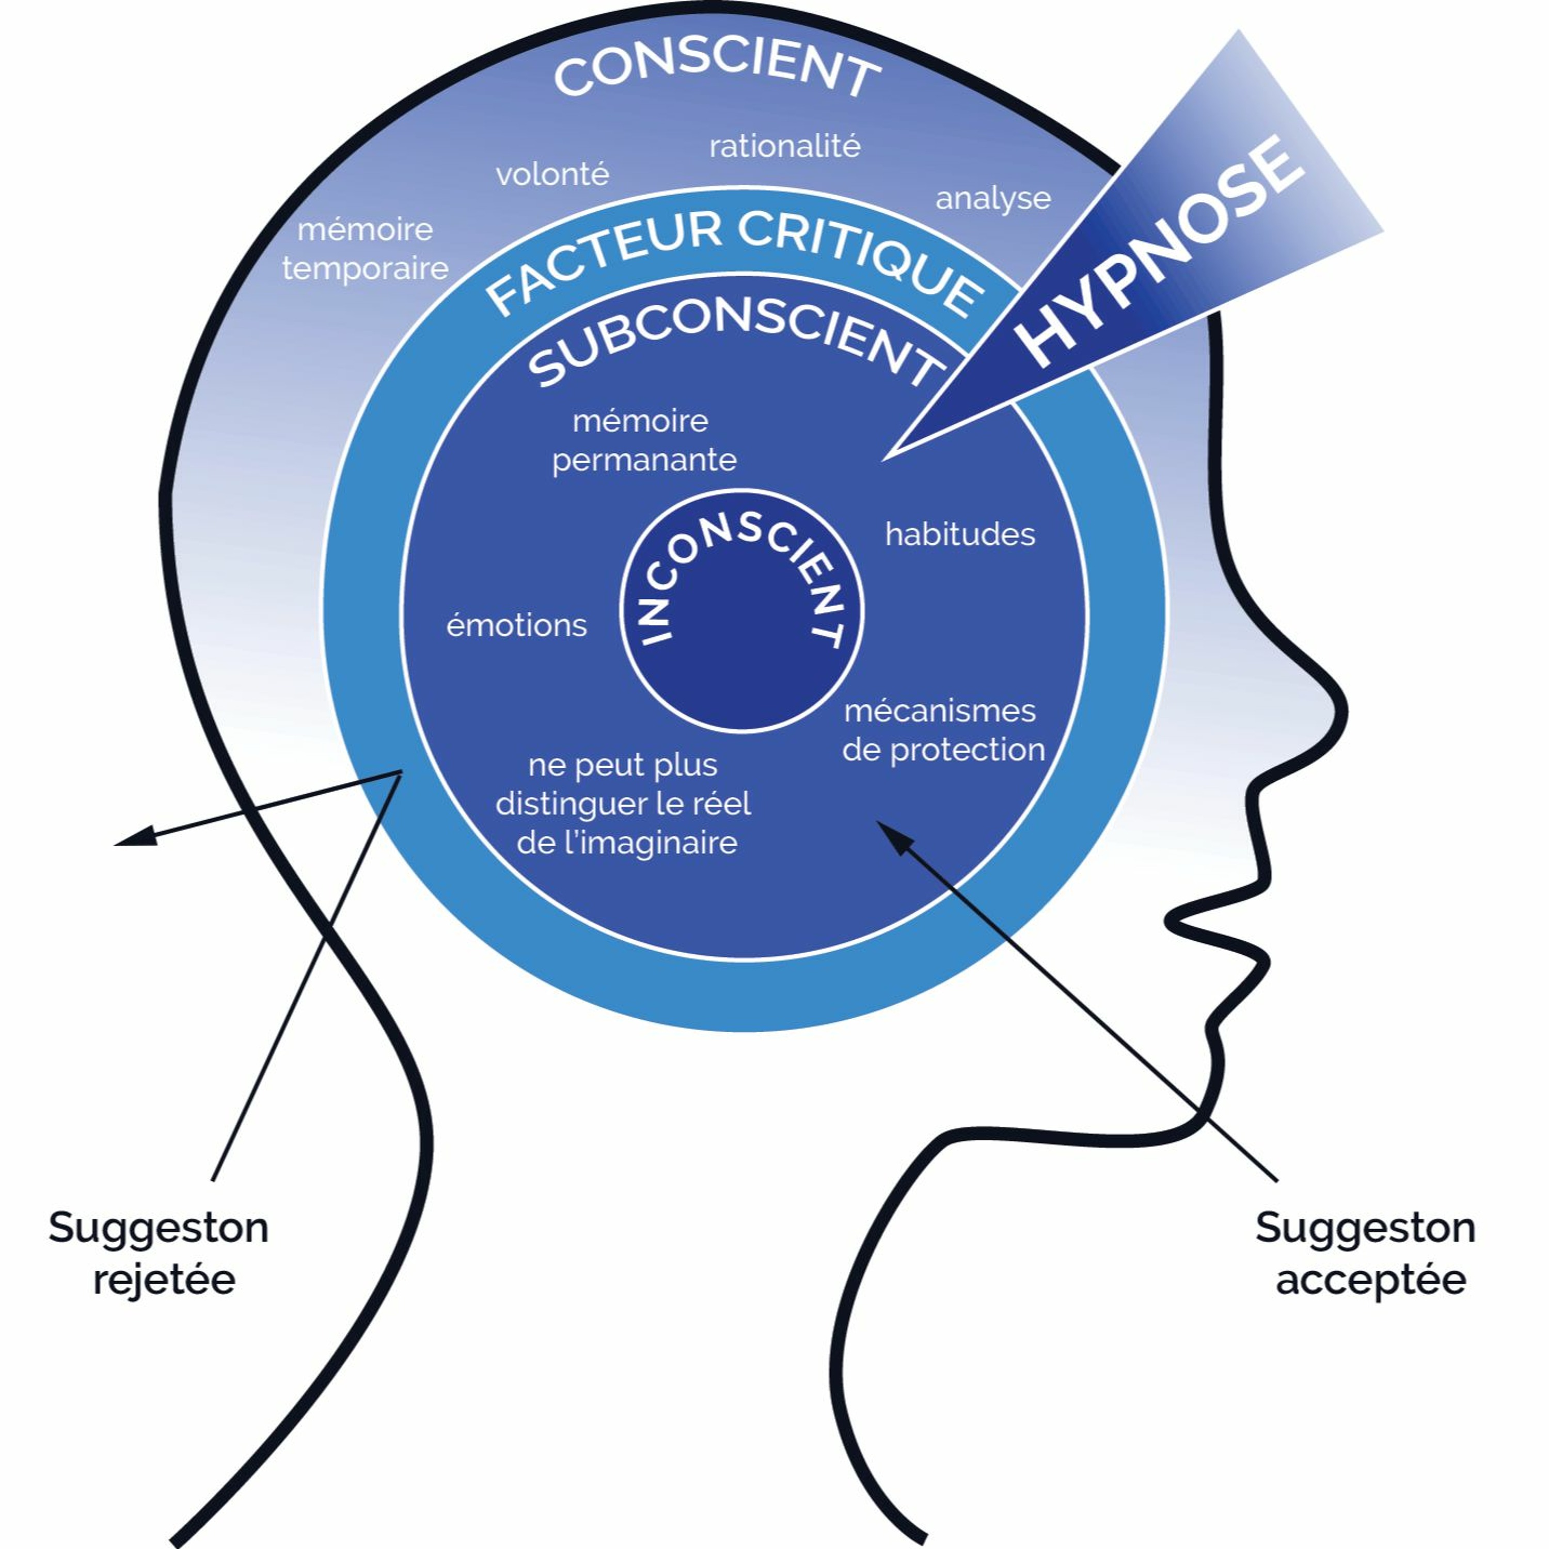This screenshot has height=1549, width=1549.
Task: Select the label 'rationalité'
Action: click(785, 147)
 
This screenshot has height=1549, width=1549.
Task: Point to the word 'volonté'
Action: click(552, 174)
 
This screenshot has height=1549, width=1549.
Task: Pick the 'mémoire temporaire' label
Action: click(366, 248)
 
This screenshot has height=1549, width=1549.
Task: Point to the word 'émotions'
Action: click(516, 625)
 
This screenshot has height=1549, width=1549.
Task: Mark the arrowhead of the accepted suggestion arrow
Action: click(890, 834)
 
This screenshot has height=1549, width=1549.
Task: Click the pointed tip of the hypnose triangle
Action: click(883, 460)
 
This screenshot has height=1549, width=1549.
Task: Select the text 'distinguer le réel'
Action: click(623, 803)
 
